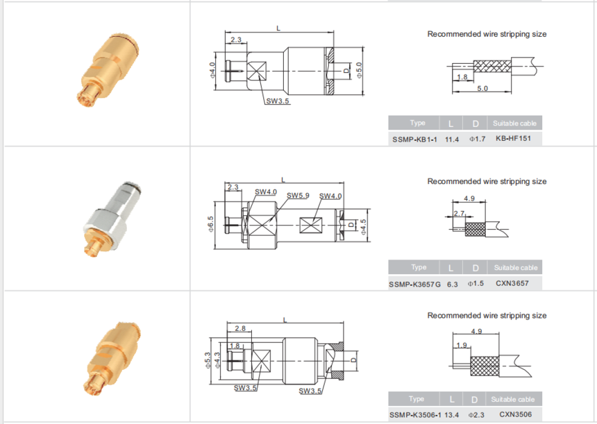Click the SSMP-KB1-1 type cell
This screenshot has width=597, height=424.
pos(414,139)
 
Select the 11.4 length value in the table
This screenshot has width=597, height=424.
pos(452,139)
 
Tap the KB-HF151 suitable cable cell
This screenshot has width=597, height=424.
pos(513,139)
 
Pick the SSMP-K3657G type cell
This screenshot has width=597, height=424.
pos(414,285)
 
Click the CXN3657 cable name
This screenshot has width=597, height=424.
pos(512,283)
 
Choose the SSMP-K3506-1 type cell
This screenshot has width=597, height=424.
pos(415,414)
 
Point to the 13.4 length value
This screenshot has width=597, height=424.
pos(451,415)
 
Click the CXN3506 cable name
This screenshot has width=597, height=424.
pos(516,414)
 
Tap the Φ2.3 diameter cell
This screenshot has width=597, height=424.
pos(476,415)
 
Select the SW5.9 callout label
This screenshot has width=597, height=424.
pos(298,195)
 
